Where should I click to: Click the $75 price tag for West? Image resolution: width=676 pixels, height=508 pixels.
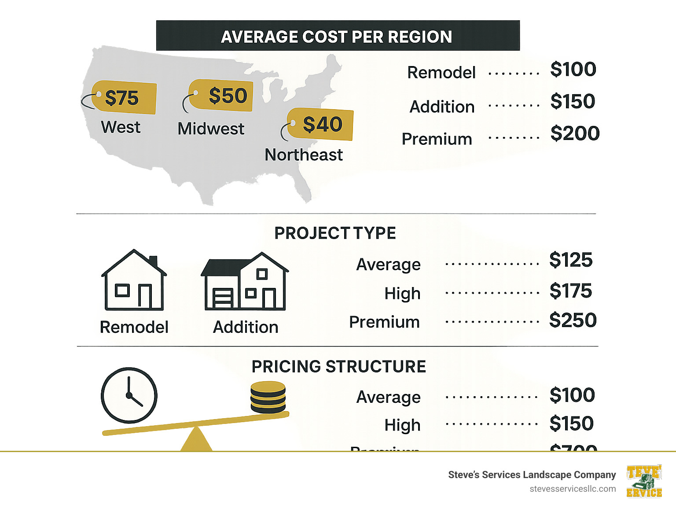click(123, 97)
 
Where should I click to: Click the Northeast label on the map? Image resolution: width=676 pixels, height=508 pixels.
click(304, 155)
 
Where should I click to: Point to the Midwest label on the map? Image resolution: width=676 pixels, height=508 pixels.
click(211, 129)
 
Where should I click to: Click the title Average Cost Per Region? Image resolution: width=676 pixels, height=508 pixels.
click(337, 37)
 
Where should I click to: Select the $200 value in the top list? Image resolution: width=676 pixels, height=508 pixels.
click(575, 133)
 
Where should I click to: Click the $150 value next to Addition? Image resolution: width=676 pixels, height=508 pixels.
click(573, 102)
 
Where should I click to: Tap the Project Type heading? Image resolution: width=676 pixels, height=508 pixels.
click(335, 233)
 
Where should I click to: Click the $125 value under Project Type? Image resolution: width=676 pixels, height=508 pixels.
click(571, 260)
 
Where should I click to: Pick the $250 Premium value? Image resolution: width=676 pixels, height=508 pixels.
click(573, 320)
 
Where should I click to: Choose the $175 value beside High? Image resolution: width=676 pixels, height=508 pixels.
click(571, 291)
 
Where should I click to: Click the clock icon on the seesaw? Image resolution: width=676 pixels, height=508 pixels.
click(129, 395)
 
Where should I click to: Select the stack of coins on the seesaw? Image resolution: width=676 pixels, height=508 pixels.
click(268, 397)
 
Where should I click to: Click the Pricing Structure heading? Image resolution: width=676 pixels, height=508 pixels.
click(338, 367)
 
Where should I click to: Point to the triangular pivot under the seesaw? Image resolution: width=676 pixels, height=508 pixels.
click(196, 440)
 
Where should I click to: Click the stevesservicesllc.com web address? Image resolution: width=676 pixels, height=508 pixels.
click(573, 489)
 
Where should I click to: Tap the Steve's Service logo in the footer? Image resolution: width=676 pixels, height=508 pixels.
click(644, 481)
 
